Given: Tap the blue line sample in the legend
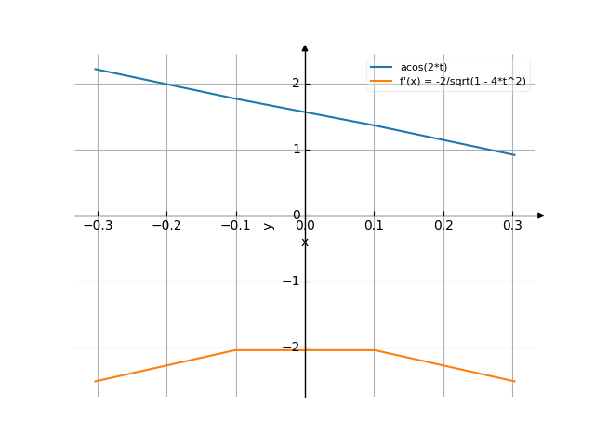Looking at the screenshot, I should coord(381,68).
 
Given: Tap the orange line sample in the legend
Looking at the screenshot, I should coord(381,82).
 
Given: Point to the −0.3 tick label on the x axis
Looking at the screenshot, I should coord(97,225).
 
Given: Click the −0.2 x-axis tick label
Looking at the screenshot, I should coord(166,225).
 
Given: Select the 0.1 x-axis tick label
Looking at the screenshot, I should coord(374,225).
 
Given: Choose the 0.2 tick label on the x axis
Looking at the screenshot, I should coord(443,225).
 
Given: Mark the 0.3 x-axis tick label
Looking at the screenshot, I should coord(512,225).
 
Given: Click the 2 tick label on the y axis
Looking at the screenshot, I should coord(296,84).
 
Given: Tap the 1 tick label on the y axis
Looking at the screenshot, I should coord(296,150).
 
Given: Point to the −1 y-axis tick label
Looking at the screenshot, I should coord(292,282).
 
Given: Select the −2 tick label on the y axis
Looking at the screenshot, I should coord(292,348).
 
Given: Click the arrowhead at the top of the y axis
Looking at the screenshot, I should coord(305,47).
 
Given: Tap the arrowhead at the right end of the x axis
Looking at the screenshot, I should coord(541,216).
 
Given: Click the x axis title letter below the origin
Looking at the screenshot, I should coord(305,243).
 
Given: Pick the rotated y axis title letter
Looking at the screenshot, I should coord(268,225).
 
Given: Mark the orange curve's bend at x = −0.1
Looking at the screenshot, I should coord(235,349).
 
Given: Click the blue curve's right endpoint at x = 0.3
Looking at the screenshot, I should coord(513,154).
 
